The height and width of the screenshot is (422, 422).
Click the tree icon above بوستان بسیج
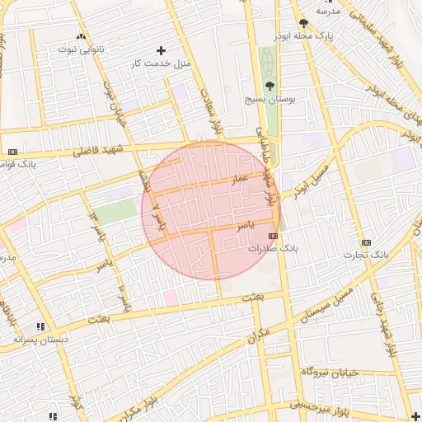(270, 84)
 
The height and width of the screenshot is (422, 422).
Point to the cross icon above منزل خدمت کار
(161, 50)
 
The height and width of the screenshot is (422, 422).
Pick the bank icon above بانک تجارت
(366, 242)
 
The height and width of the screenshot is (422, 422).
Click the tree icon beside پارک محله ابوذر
(303, 23)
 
